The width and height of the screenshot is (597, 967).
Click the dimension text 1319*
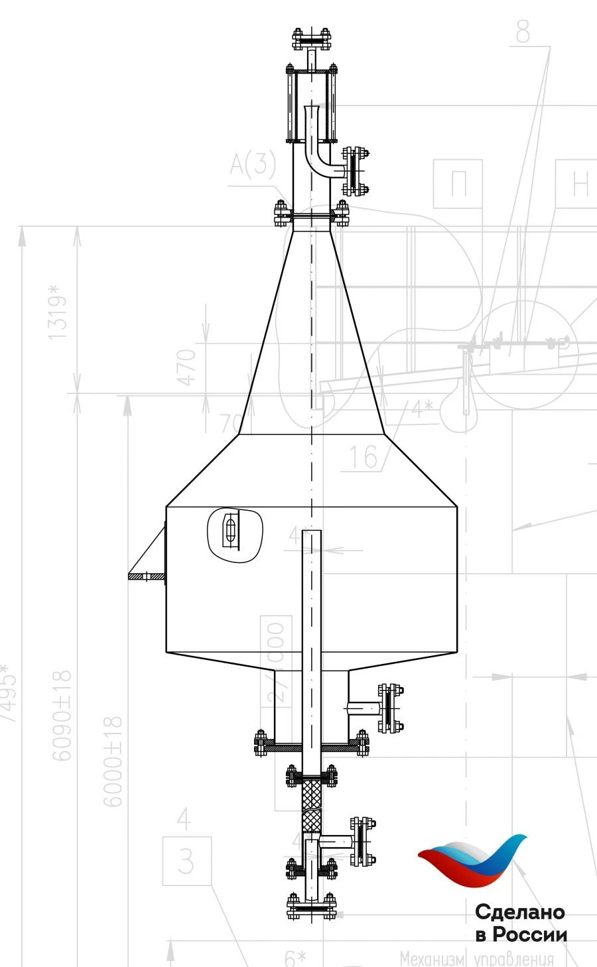[x=58, y=312]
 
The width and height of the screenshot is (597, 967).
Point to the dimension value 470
[x=188, y=367]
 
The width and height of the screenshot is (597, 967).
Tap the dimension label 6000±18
[x=113, y=761]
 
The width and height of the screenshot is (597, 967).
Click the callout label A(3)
[x=253, y=164]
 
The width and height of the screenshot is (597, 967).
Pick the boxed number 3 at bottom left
[x=186, y=862]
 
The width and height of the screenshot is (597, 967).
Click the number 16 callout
[x=363, y=456]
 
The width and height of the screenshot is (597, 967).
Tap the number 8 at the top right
[x=523, y=31]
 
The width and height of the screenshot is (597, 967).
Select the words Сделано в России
[x=521, y=923]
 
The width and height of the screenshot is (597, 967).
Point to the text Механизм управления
[x=476, y=958]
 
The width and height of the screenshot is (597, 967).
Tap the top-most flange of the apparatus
[x=311, y=40]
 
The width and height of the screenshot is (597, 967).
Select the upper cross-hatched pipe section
[x=311, y=794]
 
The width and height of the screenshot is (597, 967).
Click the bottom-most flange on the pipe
[x=311, y=907]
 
